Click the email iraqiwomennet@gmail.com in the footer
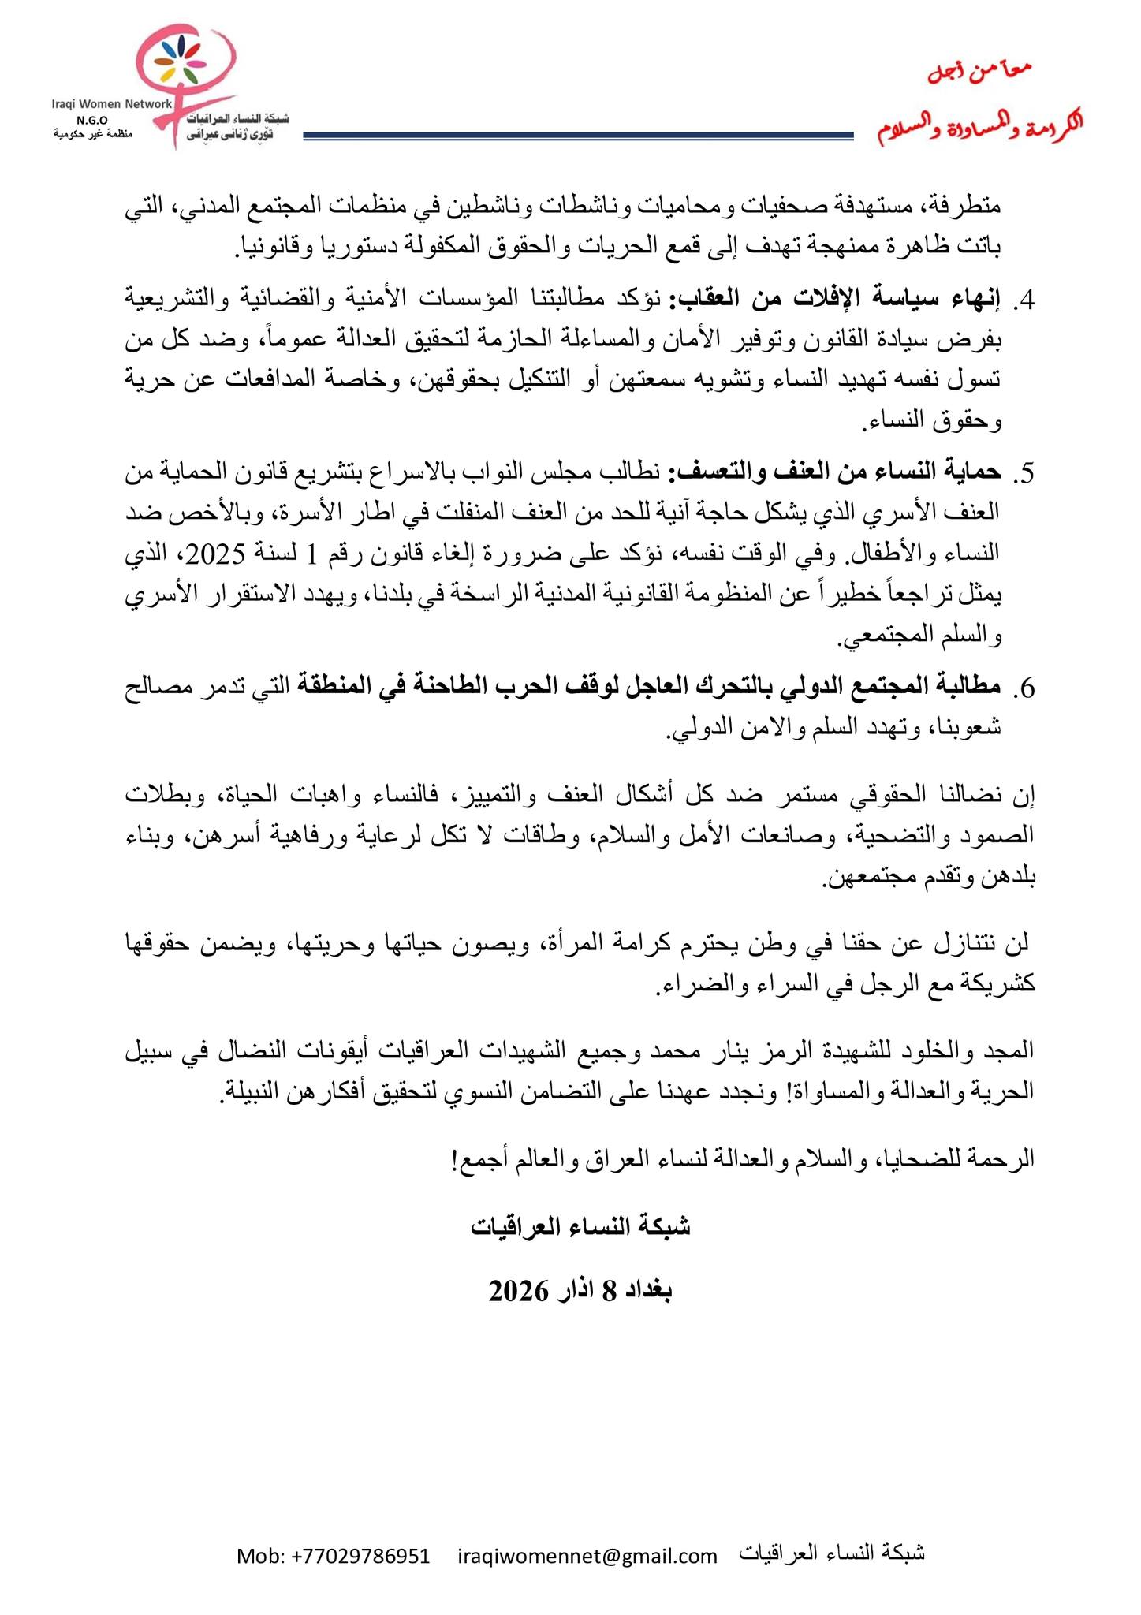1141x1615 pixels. point(587,1556)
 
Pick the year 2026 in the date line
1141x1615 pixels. point(517,1292)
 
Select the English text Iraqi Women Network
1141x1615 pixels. point(111,103)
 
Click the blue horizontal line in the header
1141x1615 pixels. point(579,136)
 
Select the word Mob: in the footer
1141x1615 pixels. point(261,1556)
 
